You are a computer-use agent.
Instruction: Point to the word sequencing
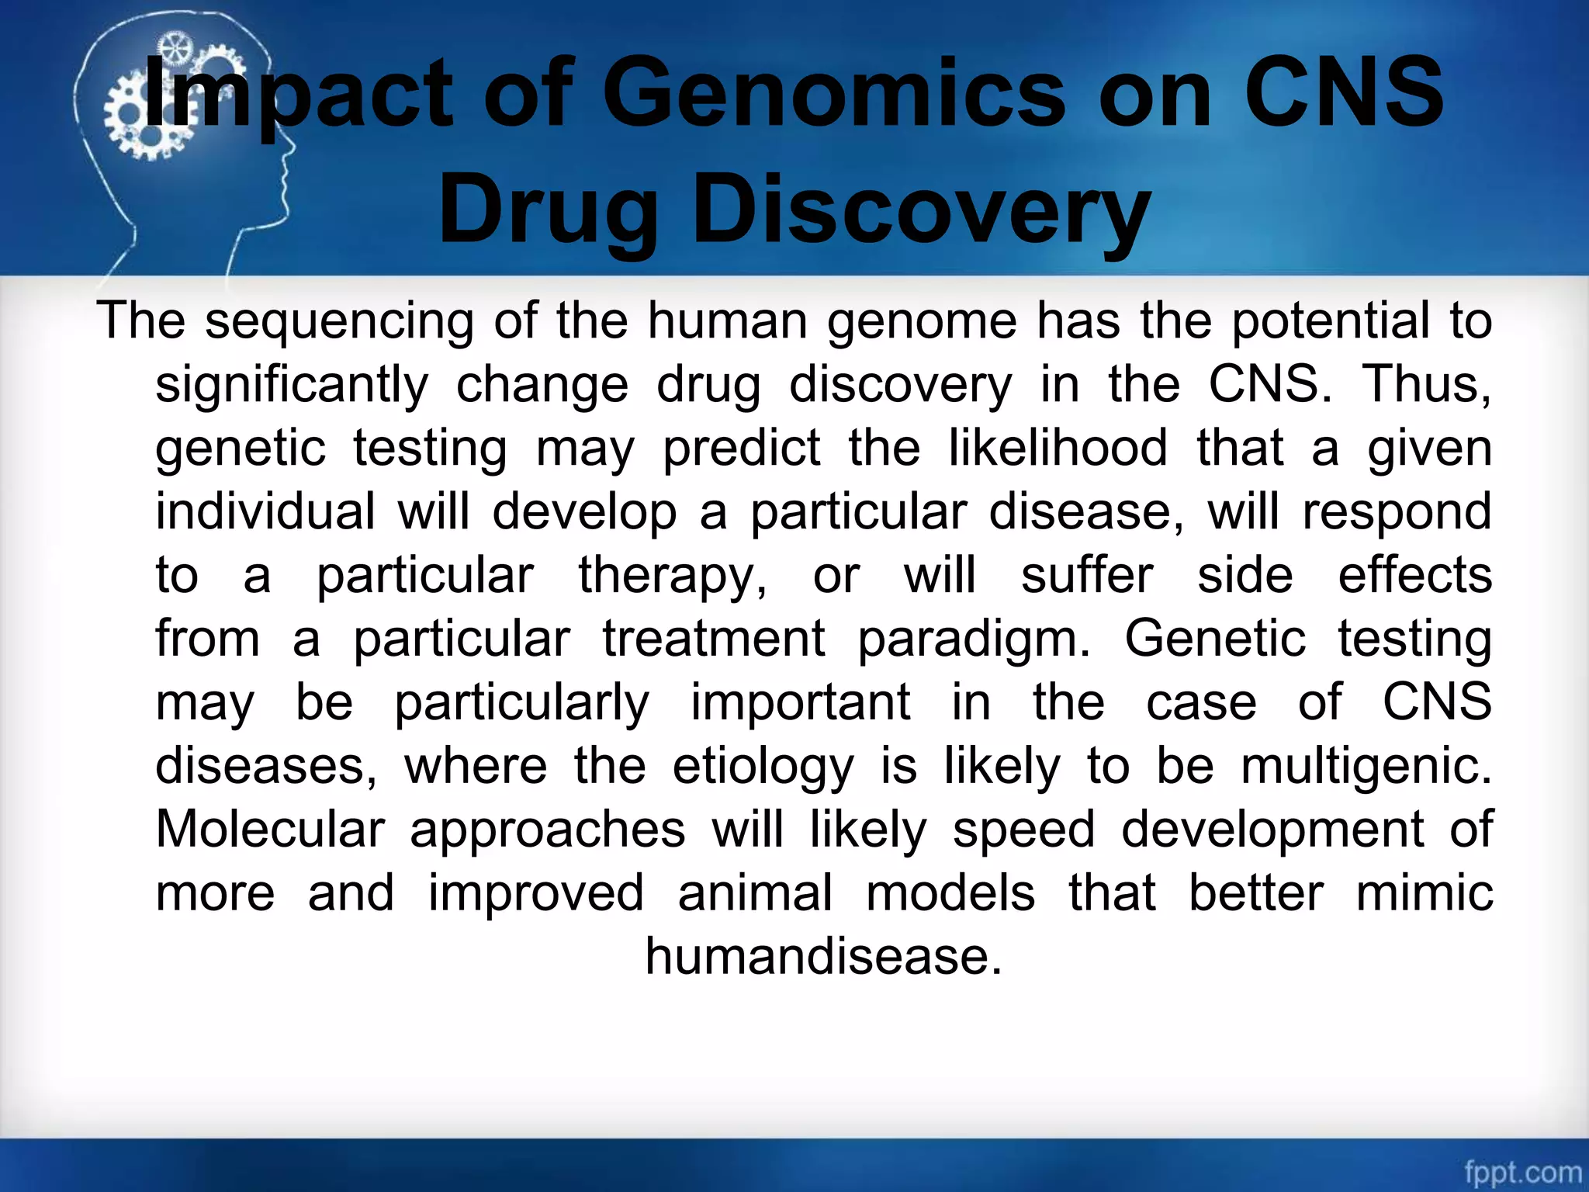tap(339, 321)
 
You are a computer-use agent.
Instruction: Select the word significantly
tap(292, 386)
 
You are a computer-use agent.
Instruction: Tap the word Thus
tap(1425, 384)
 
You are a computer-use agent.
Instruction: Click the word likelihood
tap(1058, 449)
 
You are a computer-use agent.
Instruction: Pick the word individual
tap(265, 512)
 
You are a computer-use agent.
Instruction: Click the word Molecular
tap(270, 829)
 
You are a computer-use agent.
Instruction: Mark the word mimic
tap(1425, 892)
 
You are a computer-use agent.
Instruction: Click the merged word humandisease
tap(824, 956)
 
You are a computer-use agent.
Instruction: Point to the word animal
tap(755, 892)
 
